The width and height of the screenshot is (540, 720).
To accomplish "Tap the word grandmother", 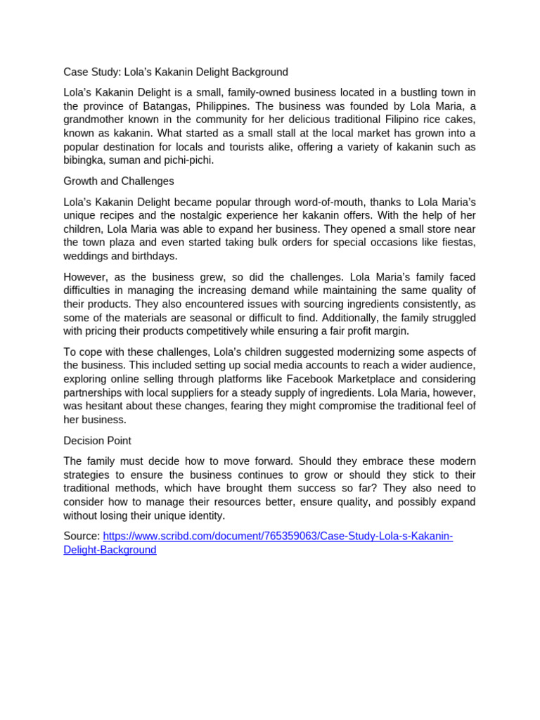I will (x=95, y=120).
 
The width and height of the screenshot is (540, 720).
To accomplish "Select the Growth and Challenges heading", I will (x=119, y=181).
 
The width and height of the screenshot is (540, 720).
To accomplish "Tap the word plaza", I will (x=123, y=243).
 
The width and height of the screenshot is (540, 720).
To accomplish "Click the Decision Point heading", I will (x=97, y=441).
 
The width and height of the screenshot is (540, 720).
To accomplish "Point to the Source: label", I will (x=82, y=536).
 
